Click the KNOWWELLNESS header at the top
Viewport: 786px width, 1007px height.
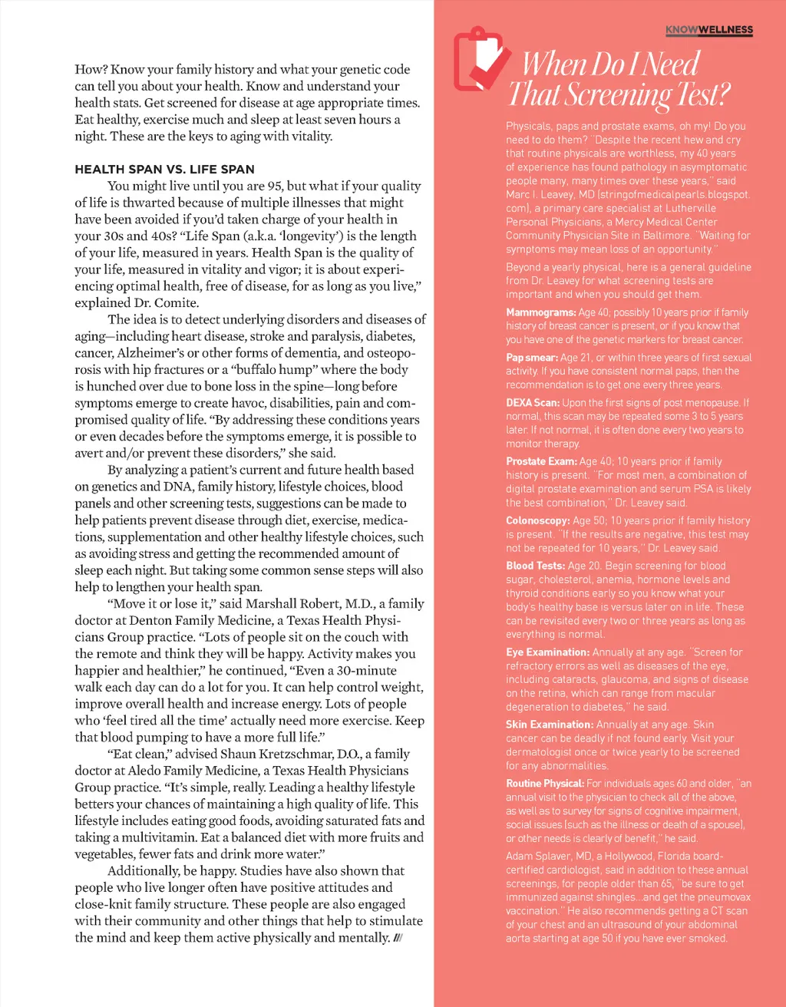pos(708,31)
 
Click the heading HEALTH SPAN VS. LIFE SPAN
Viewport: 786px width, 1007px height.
pos(164,170)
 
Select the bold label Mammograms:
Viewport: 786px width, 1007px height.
pos(540,312)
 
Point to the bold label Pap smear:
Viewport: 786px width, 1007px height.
pos(531,358)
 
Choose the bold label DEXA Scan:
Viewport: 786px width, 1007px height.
pos(532,403)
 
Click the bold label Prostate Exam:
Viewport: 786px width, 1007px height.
pos(541,461)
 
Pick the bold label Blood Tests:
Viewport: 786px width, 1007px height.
pos(535,566)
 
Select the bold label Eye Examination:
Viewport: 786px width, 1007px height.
pos(547,652)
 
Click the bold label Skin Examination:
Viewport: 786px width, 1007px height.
pos(549,725)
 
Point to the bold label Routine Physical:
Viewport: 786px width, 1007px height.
pos(545,784)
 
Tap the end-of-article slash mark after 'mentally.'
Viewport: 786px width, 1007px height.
pos(398,938)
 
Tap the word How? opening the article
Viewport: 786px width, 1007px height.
pos(91,70)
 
